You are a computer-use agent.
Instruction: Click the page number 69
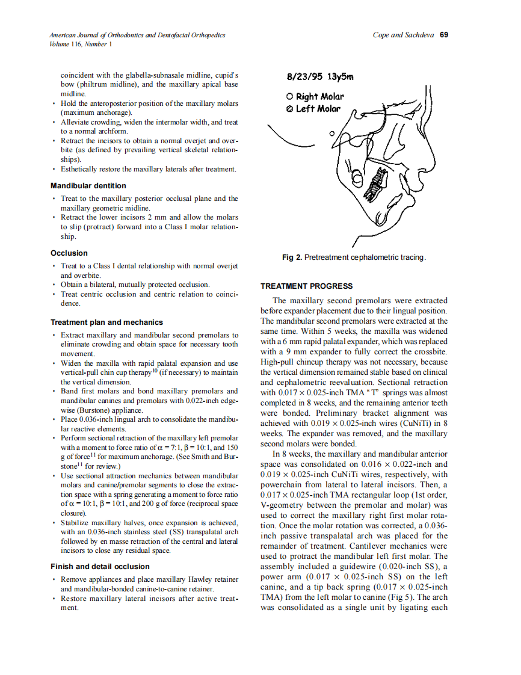(x=443, y=35)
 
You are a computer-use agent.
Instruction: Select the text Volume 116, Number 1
(x=79, y=44)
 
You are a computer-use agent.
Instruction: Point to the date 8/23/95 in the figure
(x=306, y=78)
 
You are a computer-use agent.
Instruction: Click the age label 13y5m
(x=341, y=78)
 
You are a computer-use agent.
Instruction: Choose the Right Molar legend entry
(x=315, y=96)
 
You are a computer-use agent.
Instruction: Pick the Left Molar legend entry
(x=313, y=109)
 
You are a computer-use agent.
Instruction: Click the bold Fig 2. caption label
(x=292, y=257)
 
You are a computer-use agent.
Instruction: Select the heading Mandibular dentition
(x=88, y=186)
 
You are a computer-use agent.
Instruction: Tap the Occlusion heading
(x=69, y=253)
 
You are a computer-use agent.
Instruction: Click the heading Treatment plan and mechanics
(x=106, y=322)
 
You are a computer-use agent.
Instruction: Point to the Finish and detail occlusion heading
(x=100, y=567)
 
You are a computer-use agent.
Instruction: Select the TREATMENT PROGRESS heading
(x=306, y=286)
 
